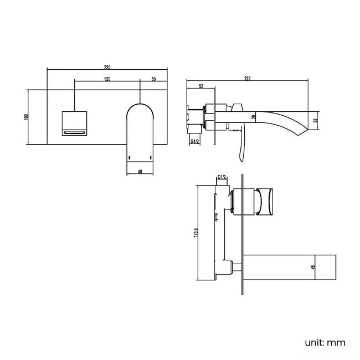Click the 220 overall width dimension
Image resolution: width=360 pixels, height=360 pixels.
[x=106, y=67]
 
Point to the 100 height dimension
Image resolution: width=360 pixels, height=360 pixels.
[x=26, y=117]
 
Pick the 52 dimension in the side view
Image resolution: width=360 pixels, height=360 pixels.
[x=200, y=86]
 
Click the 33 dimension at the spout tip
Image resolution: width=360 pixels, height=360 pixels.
[x=315, y=120]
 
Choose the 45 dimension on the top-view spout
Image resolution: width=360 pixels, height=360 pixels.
[x=313, y=268]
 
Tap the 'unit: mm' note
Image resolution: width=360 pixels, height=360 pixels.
[x=325, y=342]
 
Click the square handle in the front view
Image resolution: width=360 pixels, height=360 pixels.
[x=74, y=123]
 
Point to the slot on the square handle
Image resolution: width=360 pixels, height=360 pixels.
[x=74, y=132]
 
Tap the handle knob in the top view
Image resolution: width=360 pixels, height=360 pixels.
[x=265, y=201]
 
